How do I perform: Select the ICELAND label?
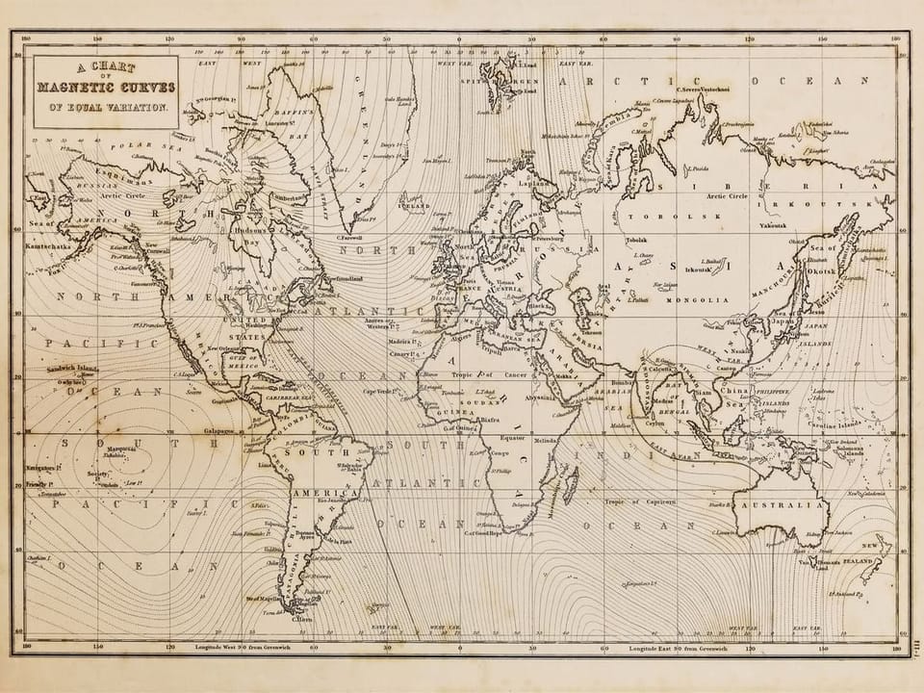[414, 206]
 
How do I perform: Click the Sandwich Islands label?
[74, 369]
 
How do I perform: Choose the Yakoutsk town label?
[773, 225]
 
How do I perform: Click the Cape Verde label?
[379, 390]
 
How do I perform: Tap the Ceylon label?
[654, 422]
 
